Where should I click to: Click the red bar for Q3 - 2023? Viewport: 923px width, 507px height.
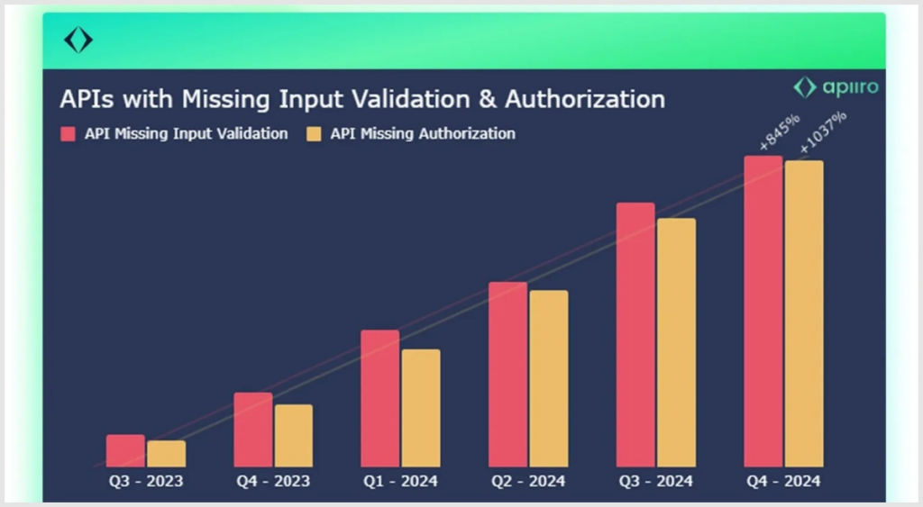[125, 450]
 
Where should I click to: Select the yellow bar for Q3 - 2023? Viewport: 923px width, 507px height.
[167, 454]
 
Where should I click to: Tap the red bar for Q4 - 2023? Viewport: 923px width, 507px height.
[253, 430]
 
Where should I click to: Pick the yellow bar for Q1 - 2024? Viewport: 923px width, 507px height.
[421, 408]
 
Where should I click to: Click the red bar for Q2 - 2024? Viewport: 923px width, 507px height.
[508, 375]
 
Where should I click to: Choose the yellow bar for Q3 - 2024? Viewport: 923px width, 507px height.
[676, 343]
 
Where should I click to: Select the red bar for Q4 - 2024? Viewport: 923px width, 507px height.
[763, 312]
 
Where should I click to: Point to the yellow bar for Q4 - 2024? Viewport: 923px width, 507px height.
[804, 313]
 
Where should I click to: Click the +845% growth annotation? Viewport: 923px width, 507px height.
[779, 131]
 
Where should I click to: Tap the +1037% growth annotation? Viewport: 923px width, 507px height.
[823, 133]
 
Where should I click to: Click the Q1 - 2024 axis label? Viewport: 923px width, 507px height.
[400, 481]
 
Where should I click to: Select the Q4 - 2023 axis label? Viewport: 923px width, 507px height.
[273, 481]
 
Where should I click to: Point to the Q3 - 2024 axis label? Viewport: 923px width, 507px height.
[656, 481]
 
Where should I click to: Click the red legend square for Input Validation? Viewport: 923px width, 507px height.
[68, 134]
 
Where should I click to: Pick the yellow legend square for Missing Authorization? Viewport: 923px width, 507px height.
[314, 134]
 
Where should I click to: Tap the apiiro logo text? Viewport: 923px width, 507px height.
[851, 87]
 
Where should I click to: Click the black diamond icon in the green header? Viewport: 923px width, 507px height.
[78, 40]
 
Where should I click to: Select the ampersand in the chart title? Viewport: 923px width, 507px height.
[488, 99]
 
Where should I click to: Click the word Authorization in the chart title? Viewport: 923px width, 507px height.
[585, 99]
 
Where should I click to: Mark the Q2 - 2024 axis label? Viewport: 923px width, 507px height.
[528, 481]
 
